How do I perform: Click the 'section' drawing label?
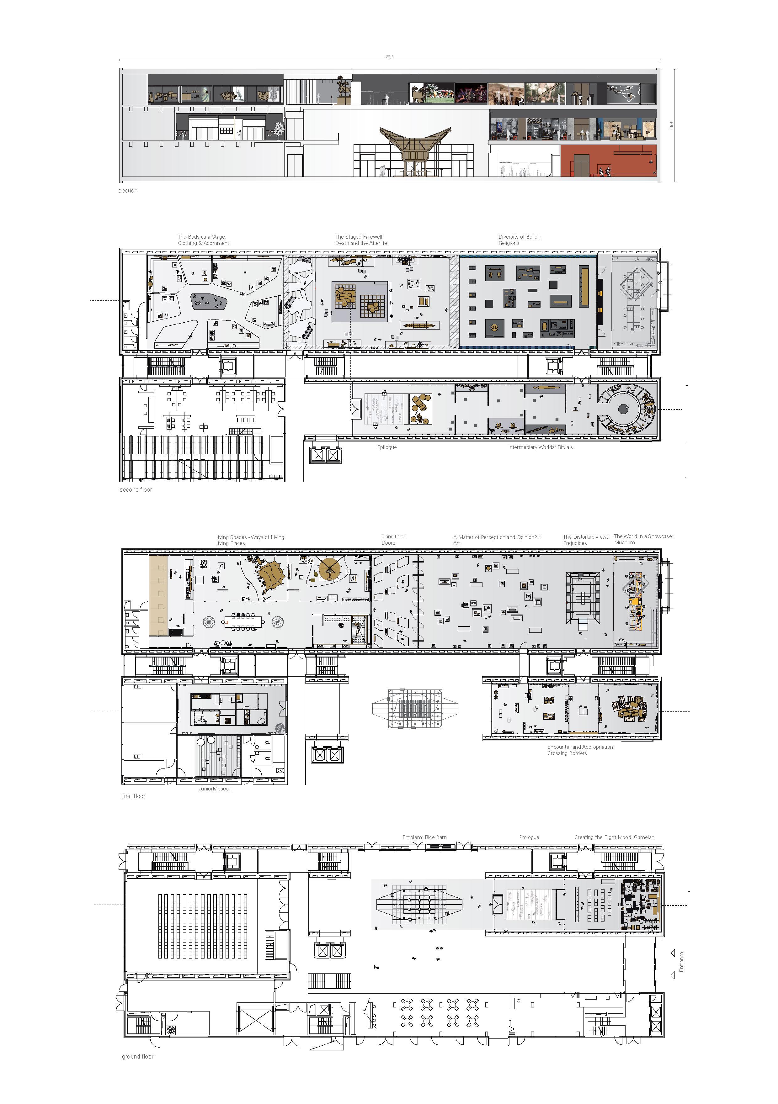coord(128,190)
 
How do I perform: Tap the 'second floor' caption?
coord(136,489)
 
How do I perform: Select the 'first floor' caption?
coord(133,796)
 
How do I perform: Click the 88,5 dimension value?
coord(389,57)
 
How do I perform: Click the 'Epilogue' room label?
coord(387,447)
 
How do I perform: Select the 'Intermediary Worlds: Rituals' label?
coord(540,447)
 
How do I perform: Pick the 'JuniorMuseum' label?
coord(216,789)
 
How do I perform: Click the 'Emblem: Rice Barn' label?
coord(424,837)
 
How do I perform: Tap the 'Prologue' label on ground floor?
coord(529,837)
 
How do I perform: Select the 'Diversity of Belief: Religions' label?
coord(519,240)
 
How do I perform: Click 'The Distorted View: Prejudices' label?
coord(585,540)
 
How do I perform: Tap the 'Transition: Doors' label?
coord(393,540)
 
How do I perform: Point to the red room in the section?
coord(608,160)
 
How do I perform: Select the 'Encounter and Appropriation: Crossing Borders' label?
coord(581,750)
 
